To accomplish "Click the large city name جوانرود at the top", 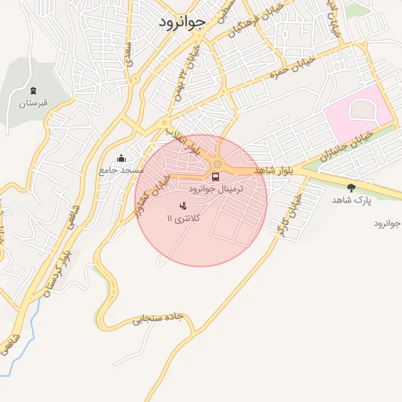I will click(181, 21).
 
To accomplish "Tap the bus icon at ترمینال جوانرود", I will click(216, 176).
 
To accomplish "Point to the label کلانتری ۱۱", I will click(184, 217).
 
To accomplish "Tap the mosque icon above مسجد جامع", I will click(121, 158).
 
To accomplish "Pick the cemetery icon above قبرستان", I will click(34, 91).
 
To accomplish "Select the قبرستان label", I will click(34, 103).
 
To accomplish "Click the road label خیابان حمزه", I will click(294, 67).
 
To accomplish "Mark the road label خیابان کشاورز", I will click(150, 188).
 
